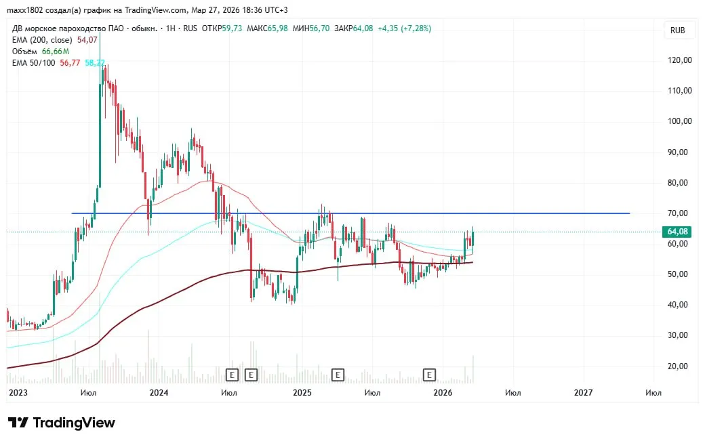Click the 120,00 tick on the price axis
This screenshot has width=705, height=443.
click(x=680, y=60)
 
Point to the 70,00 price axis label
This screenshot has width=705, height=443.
click(x=680, y=213)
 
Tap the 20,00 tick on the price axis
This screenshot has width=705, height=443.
click(x=680, y=366)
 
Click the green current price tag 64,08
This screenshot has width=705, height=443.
click(x=679, y=232)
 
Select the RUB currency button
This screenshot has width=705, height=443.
click(x=677, y=30)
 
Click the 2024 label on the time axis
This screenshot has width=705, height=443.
click(x=159, y=392)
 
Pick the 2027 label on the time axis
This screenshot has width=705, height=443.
click(x=583, y=392)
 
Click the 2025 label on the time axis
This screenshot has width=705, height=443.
click(x=302, y=392)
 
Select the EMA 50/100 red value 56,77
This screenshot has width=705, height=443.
click(x=70, y=63)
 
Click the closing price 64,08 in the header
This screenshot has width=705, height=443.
click(x=364, y=28)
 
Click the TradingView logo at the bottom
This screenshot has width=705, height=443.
click(x=62, y=423)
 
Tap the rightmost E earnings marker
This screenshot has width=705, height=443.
click(x=429, y=374)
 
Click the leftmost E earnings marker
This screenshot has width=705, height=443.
click(x=233, y=374)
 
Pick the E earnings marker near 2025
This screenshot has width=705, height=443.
click(x=338, y=374)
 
